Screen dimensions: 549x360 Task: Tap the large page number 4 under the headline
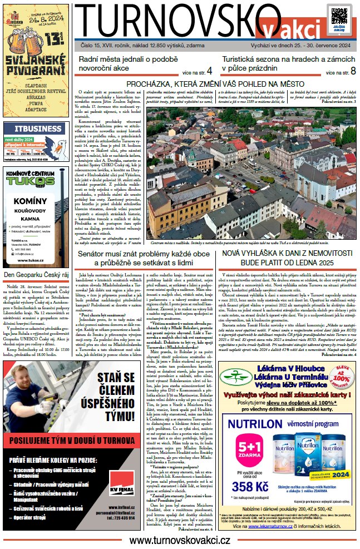(209, 71)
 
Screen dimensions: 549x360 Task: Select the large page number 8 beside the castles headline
(353, 71)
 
